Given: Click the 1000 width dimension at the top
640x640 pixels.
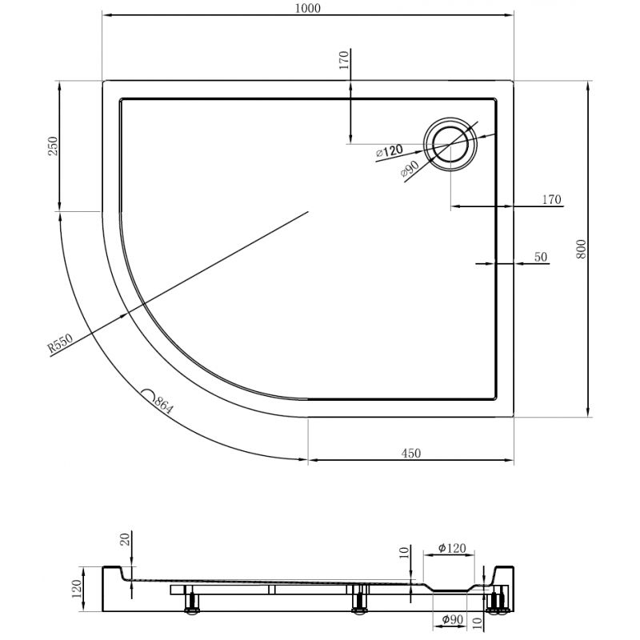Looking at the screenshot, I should pos(308,9).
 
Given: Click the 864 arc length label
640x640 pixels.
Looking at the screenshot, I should pos(162,403).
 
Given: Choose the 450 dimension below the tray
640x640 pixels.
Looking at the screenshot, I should pos(410,453).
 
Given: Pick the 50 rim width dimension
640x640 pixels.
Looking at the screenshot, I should pos(540,257).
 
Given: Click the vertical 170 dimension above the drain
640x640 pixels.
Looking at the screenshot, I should pos(344,62).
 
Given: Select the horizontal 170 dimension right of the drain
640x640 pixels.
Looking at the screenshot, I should pos(550,199).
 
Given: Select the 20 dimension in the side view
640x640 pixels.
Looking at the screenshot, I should pos(123,540).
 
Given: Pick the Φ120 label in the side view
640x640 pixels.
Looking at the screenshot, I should pos(453,548).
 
